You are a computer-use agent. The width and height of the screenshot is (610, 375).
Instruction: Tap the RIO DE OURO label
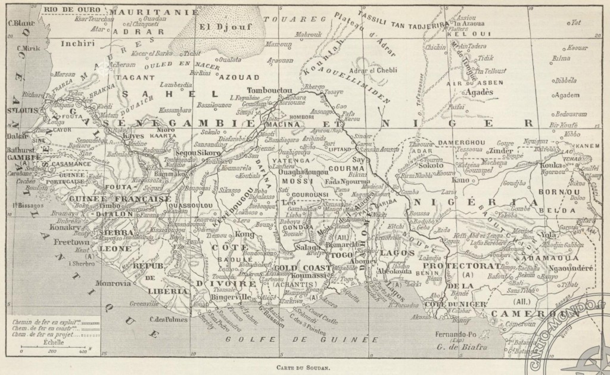(x=71, y=10)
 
